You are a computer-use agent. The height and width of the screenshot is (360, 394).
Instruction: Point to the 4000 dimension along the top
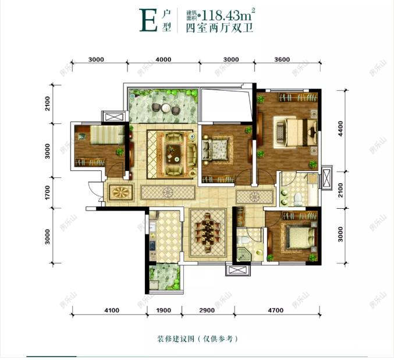(164, 59)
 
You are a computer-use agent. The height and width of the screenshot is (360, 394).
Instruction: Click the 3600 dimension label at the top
(282, 59)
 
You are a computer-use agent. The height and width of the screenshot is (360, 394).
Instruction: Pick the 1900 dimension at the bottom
(163, 311)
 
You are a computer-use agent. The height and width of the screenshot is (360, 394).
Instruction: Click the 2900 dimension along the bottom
(207, 311)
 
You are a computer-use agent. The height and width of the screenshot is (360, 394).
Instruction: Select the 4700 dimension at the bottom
(276, 311)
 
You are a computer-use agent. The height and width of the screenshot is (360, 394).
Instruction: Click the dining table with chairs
(207, 231)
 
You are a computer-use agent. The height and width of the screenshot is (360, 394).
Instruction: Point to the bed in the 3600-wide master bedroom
(294, 130)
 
